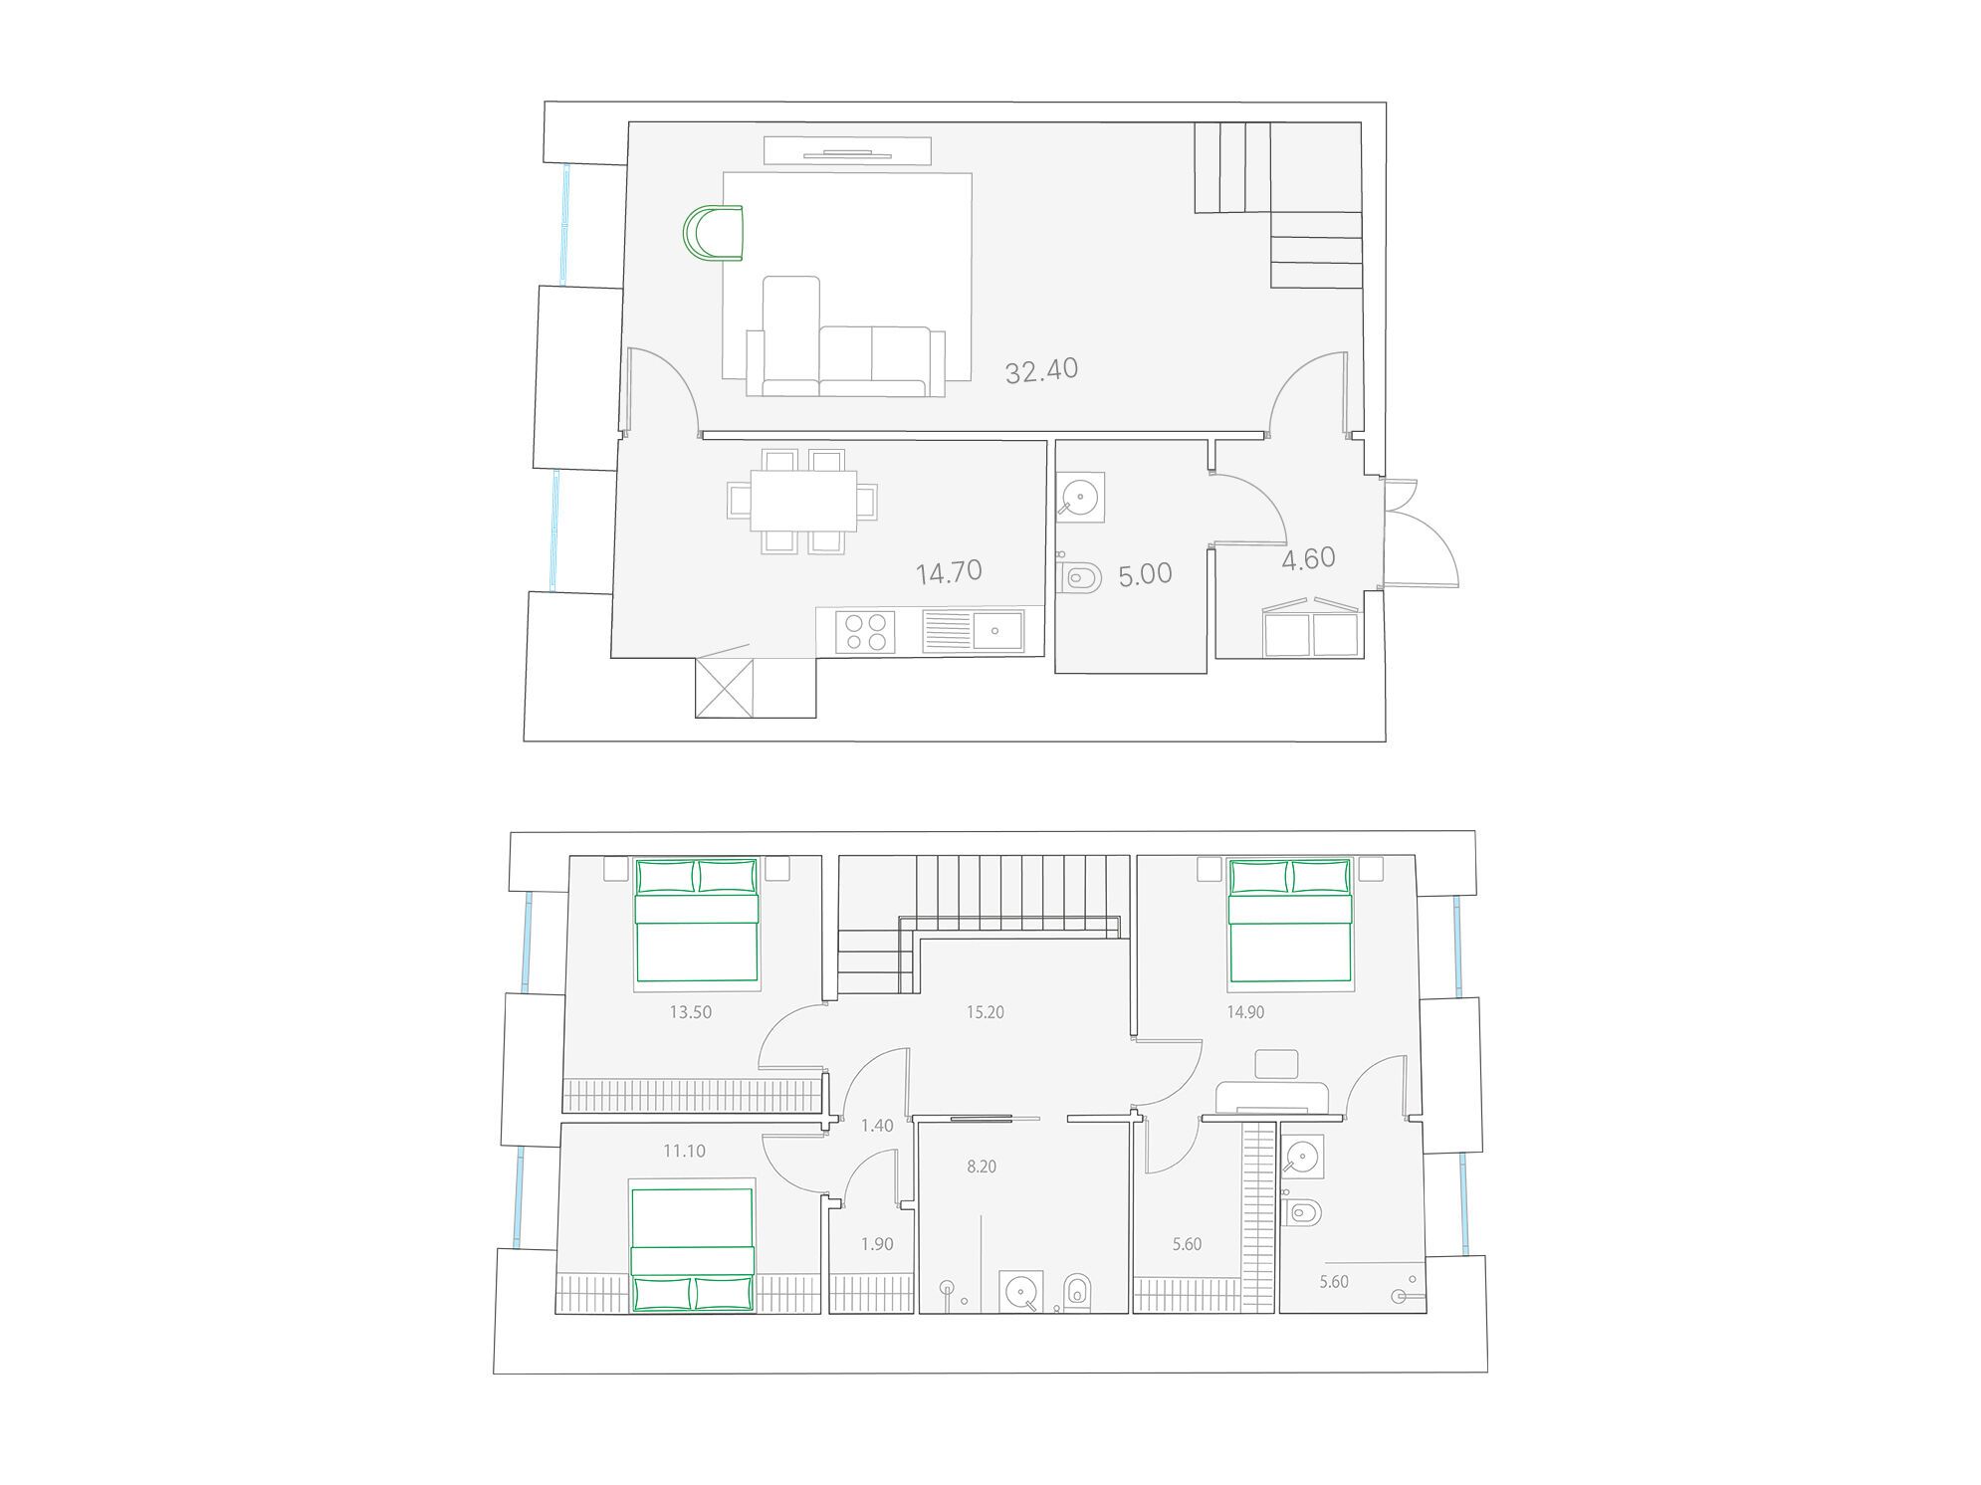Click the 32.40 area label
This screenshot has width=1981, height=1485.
pos(1041,370)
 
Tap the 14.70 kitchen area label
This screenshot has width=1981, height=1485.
pos(949,572)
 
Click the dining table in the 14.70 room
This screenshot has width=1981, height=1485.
pos(803,501)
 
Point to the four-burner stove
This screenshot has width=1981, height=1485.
pos(865,632)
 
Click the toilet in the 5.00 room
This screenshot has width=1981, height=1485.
pos(1079,577)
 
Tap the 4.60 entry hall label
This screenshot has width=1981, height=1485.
pos(1308,559)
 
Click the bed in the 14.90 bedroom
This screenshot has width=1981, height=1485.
pos(1291,921)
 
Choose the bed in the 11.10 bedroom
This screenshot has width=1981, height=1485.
pos(693,1250)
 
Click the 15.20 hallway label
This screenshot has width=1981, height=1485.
pos(986,1012)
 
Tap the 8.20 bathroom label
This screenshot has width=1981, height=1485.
pos(982,1167)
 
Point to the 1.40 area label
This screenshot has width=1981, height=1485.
pos(877,1126)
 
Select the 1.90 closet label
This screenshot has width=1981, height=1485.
pos(877,1244)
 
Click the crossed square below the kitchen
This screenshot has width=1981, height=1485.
pos(724,687)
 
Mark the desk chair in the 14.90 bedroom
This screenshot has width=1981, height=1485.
pos(1276,1064)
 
